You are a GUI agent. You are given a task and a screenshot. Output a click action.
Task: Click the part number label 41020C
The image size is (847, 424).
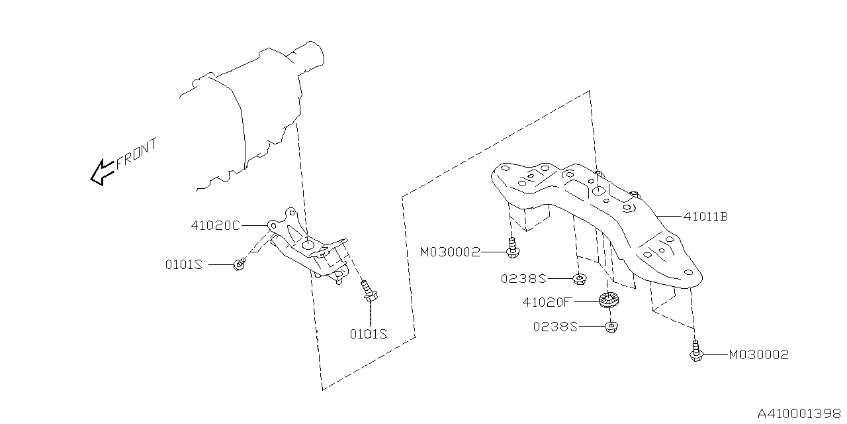coord(215,225)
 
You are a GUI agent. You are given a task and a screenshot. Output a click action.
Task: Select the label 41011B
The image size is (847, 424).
coord(705,216)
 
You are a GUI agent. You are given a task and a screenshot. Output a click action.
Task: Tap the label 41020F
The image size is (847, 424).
coord(546,302)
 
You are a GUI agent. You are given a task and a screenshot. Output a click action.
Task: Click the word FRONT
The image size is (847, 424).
coord(136,153)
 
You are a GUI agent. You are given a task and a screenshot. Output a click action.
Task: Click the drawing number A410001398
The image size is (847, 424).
coord(799,413)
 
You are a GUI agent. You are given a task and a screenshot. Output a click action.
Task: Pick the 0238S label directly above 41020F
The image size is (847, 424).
coord(523,279)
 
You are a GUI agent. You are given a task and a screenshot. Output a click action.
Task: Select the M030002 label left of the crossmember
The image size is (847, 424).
coord(450,252)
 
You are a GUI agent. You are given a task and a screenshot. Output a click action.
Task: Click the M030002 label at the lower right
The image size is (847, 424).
coord(758,355)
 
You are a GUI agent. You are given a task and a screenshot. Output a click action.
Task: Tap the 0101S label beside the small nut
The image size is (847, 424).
coord(183,264)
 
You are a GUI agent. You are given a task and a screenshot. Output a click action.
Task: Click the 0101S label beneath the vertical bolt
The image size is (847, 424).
coord(368,334)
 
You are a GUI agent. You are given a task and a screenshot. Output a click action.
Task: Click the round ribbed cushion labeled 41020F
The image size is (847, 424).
coord(607,299)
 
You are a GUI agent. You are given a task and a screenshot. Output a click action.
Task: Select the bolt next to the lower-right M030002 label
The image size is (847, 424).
coord(695,352)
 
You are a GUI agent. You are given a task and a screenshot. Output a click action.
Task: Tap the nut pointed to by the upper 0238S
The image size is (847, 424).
coord(578,278)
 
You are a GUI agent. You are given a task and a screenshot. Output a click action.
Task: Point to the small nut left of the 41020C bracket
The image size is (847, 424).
coord(239,264)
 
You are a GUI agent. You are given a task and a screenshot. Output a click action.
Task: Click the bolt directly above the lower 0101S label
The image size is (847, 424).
coord(368,293)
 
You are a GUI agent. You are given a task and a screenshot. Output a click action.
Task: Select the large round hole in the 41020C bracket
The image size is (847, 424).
coord(308,246)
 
